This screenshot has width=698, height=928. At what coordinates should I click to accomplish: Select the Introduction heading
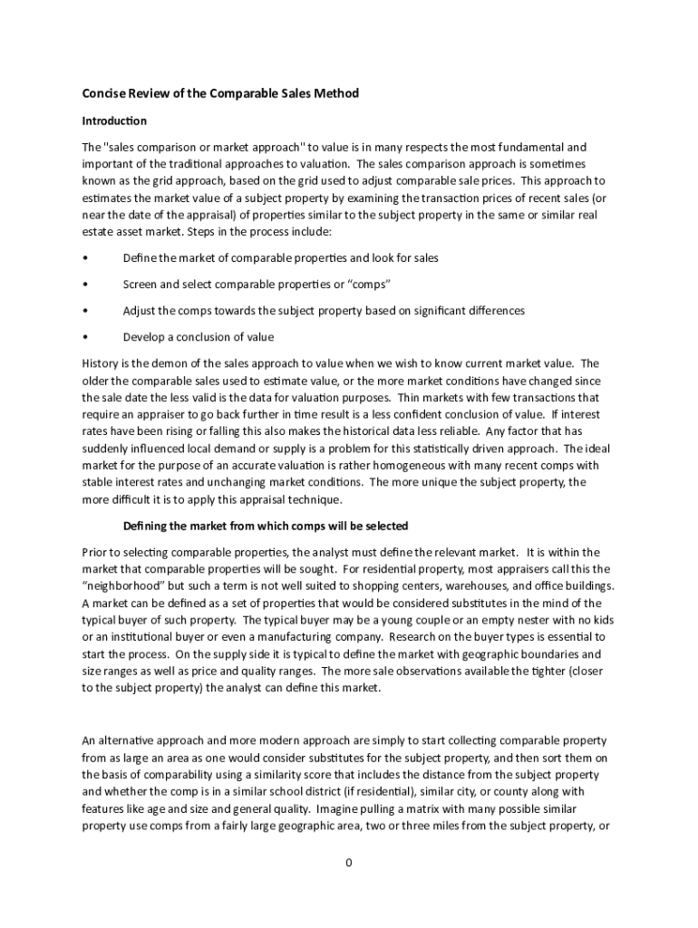114,121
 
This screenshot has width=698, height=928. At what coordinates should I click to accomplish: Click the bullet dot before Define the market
84,258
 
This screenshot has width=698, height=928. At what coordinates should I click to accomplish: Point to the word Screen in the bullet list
141,285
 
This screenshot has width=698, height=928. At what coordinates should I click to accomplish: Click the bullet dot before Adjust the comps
84,311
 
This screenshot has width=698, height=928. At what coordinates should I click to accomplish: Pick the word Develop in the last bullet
144,337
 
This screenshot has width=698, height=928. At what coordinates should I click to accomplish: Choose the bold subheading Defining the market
266,526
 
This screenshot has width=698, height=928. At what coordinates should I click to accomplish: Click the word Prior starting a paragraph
95,552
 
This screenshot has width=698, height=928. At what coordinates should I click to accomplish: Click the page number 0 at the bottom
348,862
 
